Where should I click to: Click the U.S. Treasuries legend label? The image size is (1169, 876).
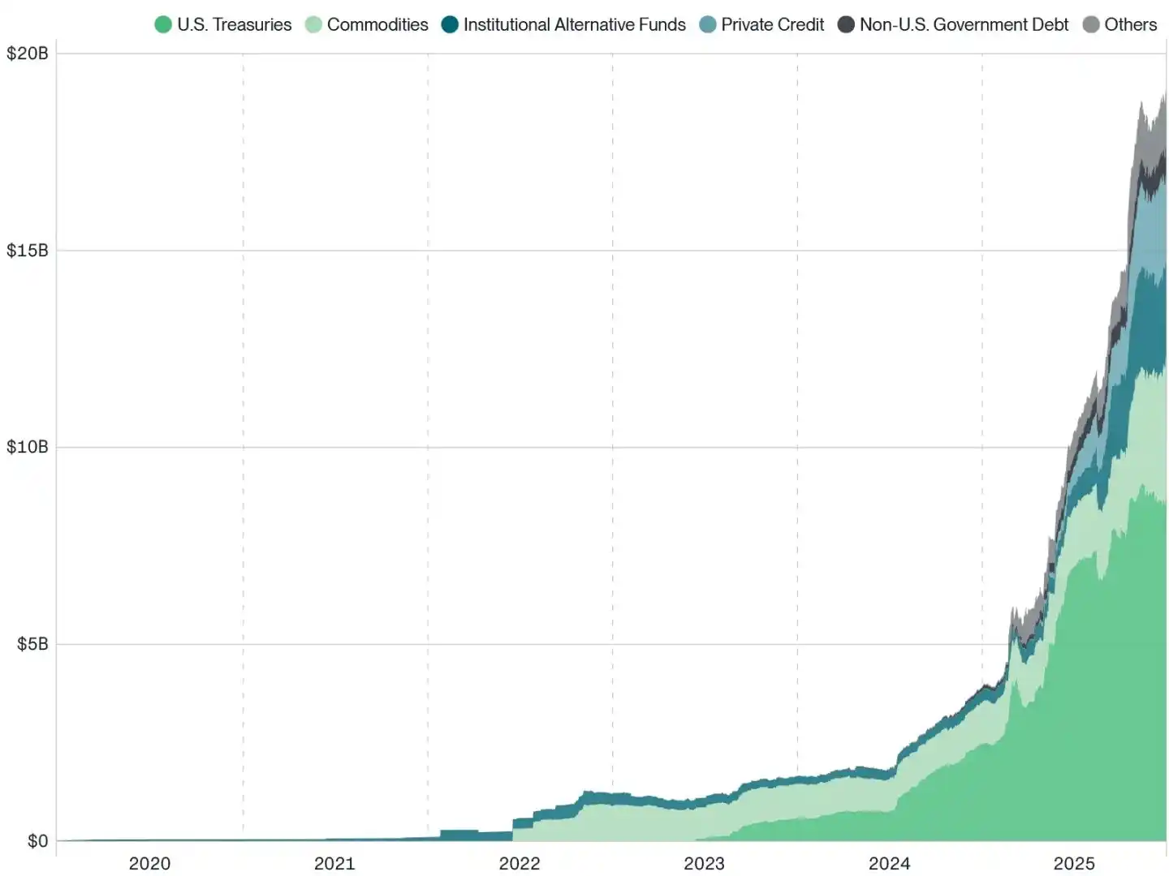234,24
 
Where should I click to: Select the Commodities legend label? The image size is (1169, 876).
377,24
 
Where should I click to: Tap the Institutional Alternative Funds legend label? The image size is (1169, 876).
574,24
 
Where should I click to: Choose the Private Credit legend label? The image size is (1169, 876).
772,24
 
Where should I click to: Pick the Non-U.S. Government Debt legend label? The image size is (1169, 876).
964,24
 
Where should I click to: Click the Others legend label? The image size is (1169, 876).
1130,24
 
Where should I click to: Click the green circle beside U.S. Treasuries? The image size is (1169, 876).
163,24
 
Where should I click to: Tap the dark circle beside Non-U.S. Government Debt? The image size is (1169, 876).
846,24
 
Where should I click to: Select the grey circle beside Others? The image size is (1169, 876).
1091,24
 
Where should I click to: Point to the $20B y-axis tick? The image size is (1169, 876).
28,54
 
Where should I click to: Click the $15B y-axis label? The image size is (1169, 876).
28,251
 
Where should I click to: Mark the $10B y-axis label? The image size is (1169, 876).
28,447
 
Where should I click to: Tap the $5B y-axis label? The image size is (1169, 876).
32,644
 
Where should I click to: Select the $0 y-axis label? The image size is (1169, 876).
37,841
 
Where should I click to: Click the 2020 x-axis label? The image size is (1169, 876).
149,863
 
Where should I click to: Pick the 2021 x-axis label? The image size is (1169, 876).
334,863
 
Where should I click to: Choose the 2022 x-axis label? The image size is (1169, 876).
520,863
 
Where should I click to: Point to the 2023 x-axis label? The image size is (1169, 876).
704,863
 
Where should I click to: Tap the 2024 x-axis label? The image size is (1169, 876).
889,863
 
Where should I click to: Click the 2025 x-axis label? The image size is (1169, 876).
1074,863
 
